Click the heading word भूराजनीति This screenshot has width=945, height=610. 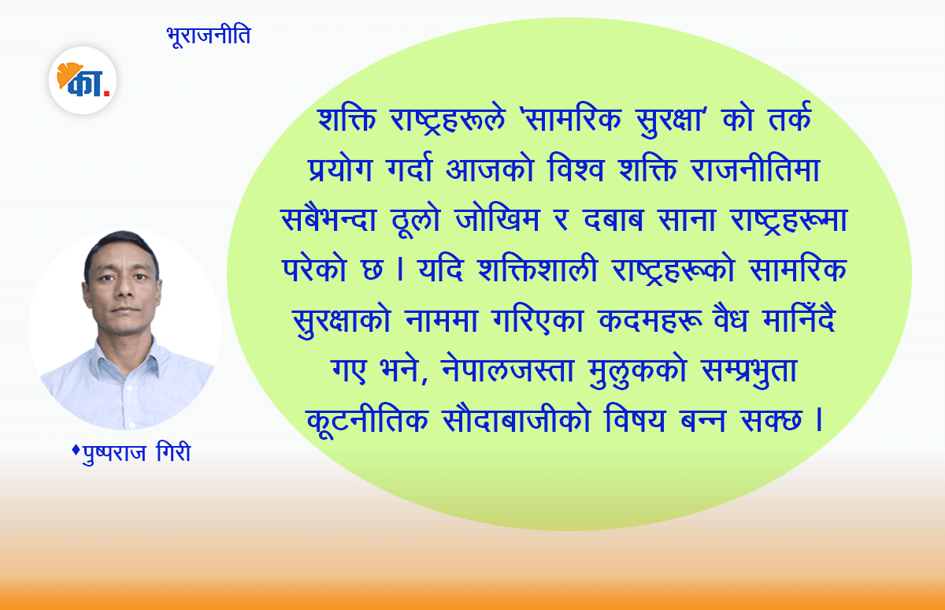click(x=209, y=36)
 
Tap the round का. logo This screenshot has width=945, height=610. click(x=83, y=80)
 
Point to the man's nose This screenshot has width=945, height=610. click(x=124, y=288)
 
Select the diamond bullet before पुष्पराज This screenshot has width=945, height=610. click(x=76, y=450)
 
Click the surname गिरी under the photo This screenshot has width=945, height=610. click(x=173, y=452)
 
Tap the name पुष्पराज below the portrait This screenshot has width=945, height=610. click(x=114, y=453)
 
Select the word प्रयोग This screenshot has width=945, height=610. click(x=340, y=169)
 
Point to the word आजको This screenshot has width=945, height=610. click(x=490, y=169)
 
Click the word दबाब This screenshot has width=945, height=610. click(x=613, y=220)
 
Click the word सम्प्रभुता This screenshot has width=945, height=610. click(x=749, y=370)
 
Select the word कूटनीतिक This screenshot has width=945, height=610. click(x=367, y=419)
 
